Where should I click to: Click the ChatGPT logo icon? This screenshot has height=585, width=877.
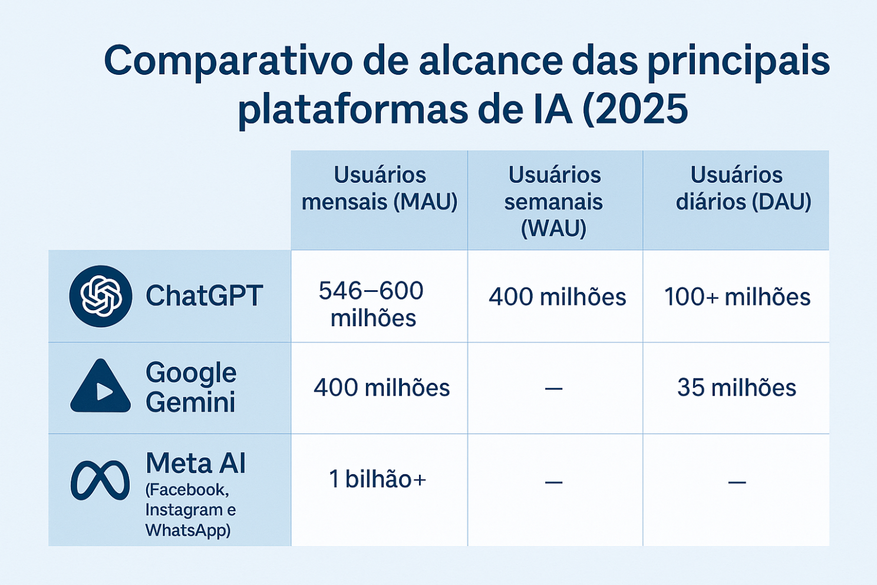[101, 296]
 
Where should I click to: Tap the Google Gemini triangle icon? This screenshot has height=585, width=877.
[101, 386]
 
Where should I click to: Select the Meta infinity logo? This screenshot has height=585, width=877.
[100, 481]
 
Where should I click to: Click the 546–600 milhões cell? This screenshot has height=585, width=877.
[371, 304]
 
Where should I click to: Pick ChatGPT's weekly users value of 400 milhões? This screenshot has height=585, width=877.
[557, 297]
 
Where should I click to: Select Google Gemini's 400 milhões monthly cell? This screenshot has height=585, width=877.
[382, 387]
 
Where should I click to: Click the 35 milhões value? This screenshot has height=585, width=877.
[737, 387]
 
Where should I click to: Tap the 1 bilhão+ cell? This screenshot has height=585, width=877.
[377, 479]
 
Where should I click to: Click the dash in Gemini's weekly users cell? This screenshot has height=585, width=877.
[553, 389]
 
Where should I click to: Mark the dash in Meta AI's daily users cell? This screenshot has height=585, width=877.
[737, 482]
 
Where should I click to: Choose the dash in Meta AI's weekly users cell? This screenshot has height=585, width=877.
[553, 482]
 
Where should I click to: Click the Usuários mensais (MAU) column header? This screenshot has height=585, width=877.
[380, 189]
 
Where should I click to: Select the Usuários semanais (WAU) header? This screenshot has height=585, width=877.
[554, 202]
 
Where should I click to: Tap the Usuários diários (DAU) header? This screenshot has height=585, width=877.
[737, 189]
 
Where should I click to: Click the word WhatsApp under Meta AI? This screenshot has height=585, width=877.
[188, 531]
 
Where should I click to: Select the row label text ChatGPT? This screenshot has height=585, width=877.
[204, 295]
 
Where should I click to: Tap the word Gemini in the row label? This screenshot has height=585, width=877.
[190, 402]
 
